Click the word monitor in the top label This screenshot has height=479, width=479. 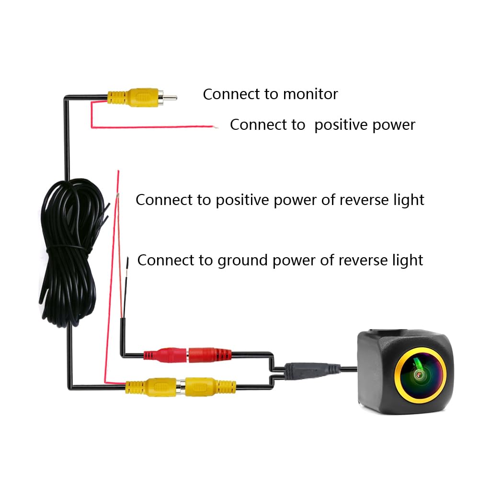tap(310, 94)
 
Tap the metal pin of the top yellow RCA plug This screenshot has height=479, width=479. tap(170, 98)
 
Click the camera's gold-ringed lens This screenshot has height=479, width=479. tap(420, 375)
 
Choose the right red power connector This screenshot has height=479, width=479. tap(210, 355)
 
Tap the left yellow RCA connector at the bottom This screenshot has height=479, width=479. tap(151, 387)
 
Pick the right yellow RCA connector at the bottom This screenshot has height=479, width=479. tap(210, 387)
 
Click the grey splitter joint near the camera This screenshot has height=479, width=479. tap(312, 371)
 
